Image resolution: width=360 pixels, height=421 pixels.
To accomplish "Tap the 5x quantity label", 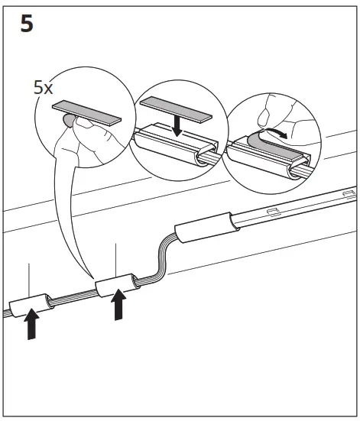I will coord(44,87).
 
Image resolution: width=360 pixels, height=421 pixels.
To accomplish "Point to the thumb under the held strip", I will coord(72,121).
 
